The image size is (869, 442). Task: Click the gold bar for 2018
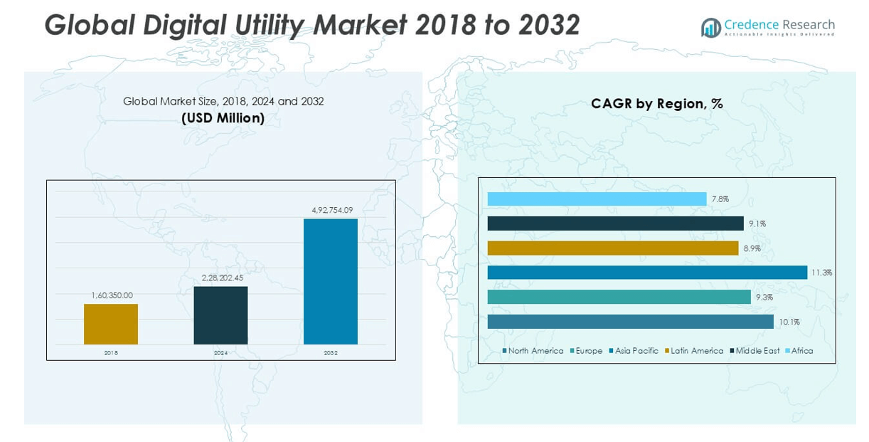click(x=111, y=324)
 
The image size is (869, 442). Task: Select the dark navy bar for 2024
click(x=220, y=315)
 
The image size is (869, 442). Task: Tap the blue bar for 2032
click(x=330, y=281)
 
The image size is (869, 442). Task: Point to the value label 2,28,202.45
click(x=222, y=278)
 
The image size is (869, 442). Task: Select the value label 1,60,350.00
click(x=111, y=295)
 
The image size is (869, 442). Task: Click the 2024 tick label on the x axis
click(x=220, y=352)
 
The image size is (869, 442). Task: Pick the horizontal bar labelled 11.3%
click(x=647, y=273)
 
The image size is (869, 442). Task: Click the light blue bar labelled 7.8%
click(x=597, y=199)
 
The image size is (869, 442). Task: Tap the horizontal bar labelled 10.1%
click(x=630, y=322)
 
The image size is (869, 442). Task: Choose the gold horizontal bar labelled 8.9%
click(x=613, y=248)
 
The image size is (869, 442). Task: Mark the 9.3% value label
click(x=764, y=298)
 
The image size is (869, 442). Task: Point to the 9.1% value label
click(x=757, y=224)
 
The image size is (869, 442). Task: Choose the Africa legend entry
click(x=801, y=351)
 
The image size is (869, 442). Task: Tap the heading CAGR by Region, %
click(x=656, y=104)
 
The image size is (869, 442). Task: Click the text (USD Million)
click(x=223, y=118)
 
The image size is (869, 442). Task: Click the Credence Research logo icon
click(x=710, y=28)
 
